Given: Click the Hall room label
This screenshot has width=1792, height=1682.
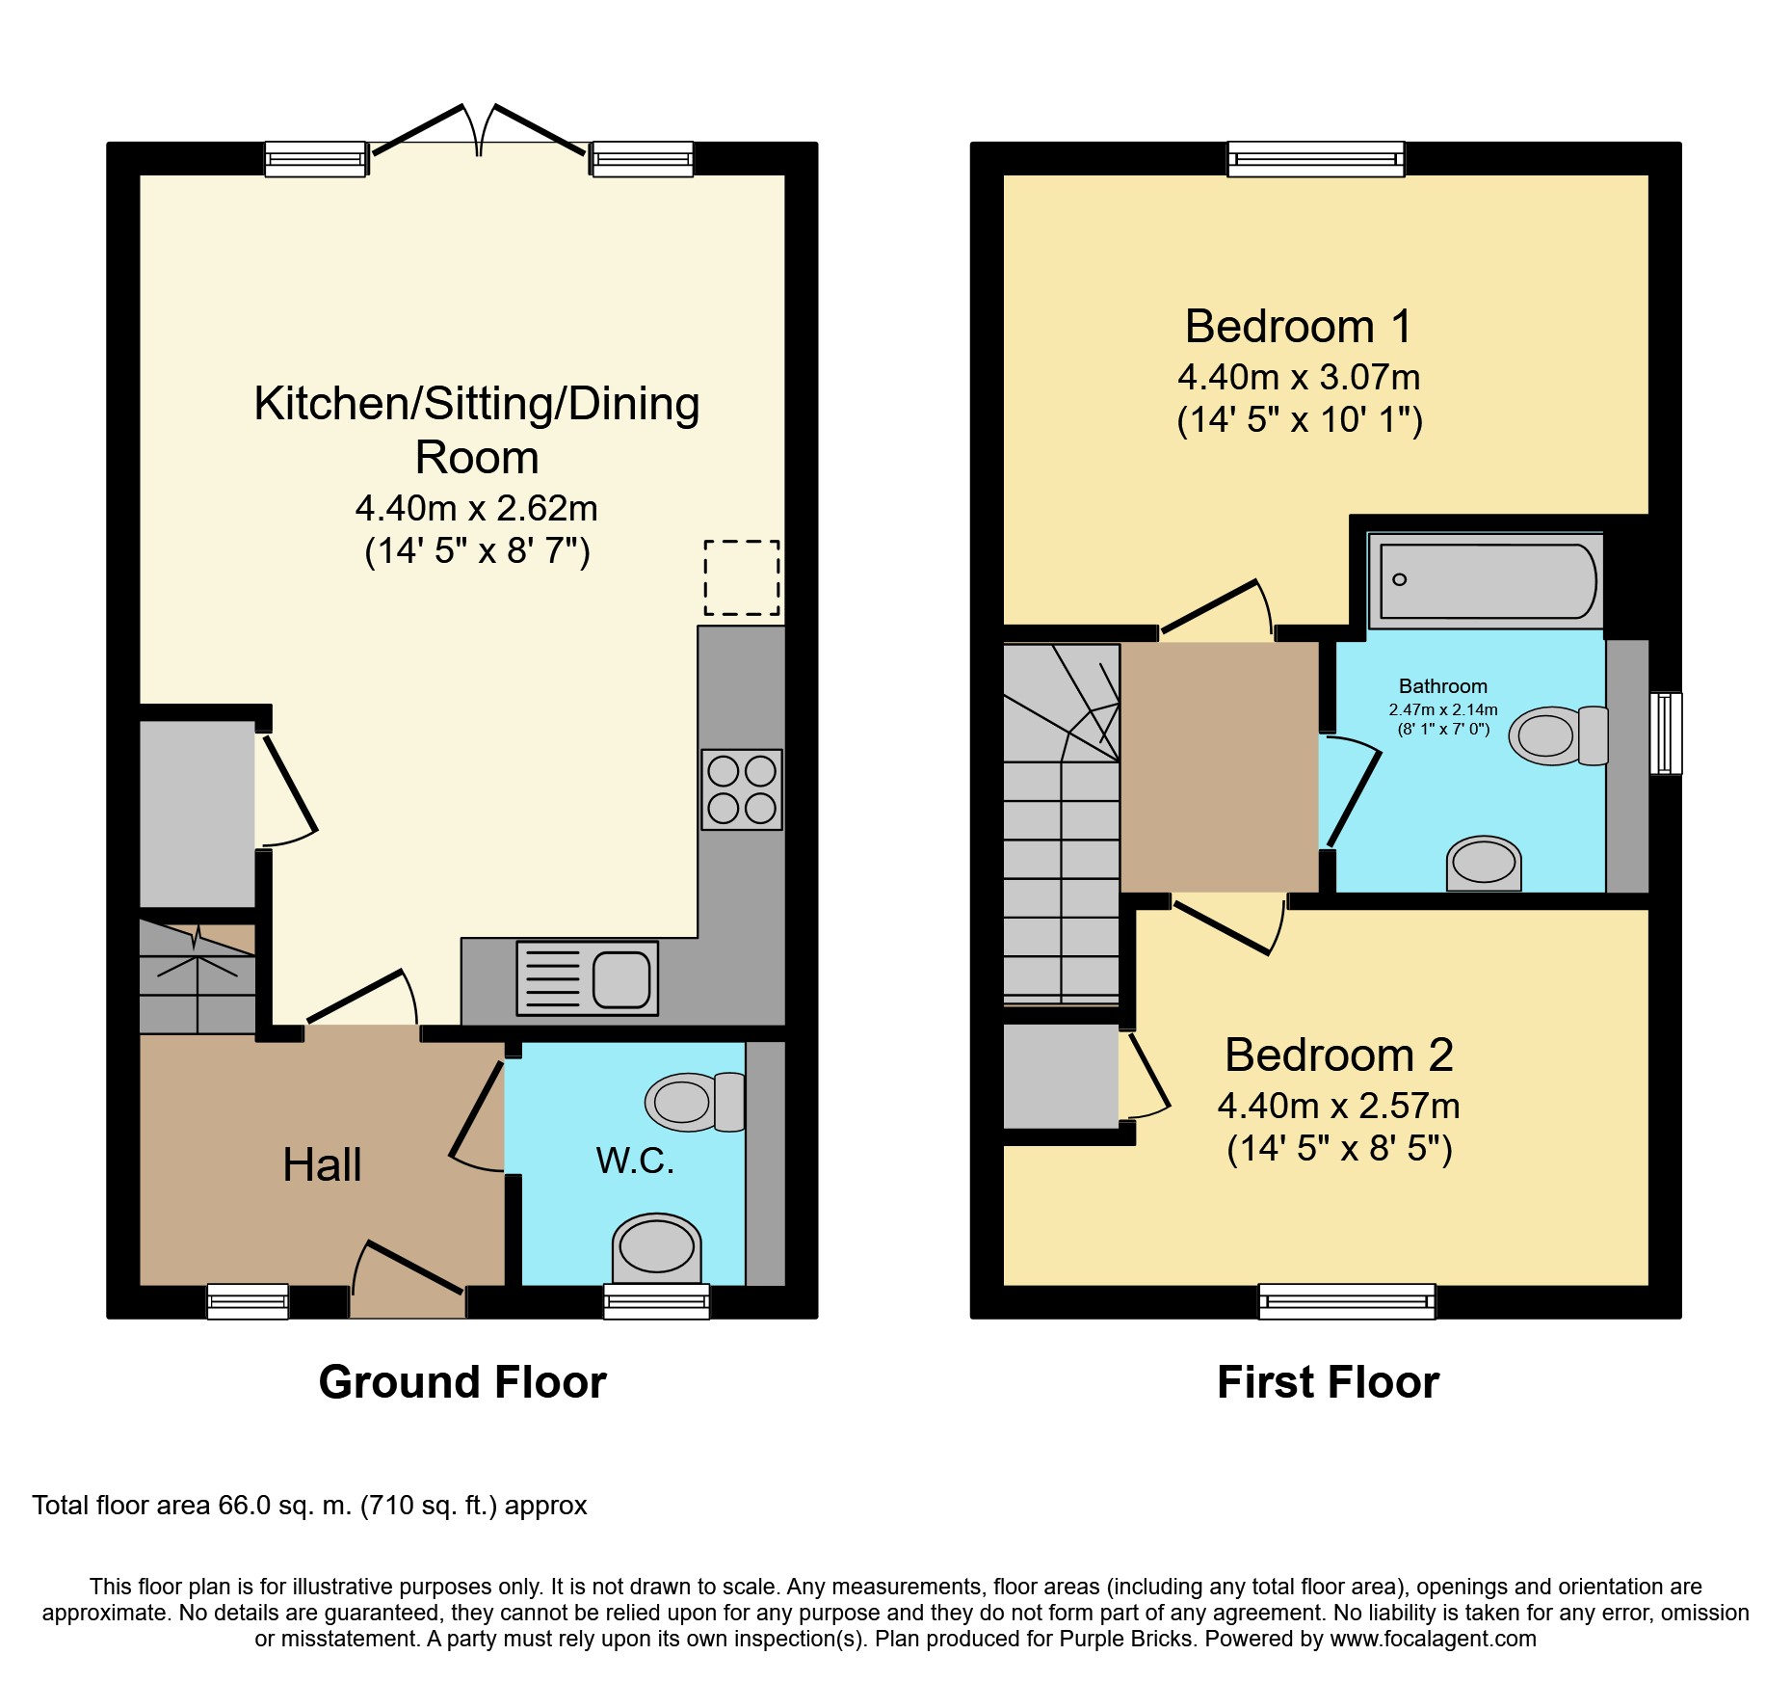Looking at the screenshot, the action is click(322, 1164).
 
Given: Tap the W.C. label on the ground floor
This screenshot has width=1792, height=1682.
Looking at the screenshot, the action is click(635, 1161).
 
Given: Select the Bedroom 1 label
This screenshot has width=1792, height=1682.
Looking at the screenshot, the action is click(1299, 326).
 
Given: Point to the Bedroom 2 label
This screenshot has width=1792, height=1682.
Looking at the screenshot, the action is click(1338, 1055).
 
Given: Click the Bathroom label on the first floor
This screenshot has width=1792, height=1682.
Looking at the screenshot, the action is click(1443, 686).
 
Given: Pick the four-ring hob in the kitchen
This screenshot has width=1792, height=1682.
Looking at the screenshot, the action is click(742, 789).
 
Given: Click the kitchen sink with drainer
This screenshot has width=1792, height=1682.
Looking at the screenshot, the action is click(588, 978).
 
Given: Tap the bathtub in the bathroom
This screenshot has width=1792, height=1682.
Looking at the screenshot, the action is click(1487, 580).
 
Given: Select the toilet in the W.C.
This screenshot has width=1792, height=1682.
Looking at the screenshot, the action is click(695, 1102).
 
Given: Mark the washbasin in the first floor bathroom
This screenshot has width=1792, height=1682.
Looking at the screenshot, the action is click(1484, 863).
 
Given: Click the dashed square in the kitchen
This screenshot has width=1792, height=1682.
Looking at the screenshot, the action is click(742, 577).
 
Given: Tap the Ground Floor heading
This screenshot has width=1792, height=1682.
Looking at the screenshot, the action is click(462, 1382).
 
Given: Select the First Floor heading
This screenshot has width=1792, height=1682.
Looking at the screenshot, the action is click(1328, 1382).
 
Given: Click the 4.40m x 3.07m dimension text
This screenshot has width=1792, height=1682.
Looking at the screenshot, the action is click(1299, 377).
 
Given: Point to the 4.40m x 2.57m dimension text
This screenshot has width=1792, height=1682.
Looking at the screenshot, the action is click(1338, 1106).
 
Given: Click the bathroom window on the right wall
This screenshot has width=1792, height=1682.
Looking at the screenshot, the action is click(1666, 733).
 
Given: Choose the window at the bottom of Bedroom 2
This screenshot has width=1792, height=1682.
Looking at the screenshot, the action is click(1347, 1301).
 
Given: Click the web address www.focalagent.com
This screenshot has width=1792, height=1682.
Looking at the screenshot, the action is click(1434, 1639).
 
